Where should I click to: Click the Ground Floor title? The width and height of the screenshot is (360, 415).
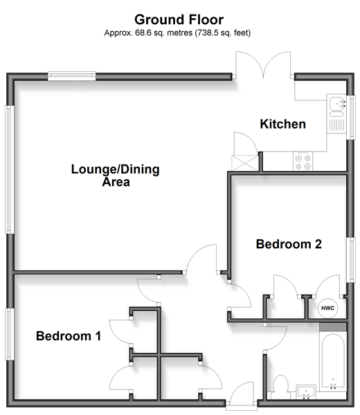click(179, 19)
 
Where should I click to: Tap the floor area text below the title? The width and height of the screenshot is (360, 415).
click(177, 33)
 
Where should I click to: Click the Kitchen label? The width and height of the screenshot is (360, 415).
click(282, 124)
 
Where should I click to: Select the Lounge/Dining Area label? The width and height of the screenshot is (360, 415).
click(116, 175)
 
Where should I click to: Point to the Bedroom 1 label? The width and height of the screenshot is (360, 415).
click(69, 336)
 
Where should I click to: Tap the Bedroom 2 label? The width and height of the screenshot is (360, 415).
click(289, 244)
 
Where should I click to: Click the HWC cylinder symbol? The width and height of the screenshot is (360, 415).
click(327, 308)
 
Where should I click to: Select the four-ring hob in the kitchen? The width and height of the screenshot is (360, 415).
click(303, 160)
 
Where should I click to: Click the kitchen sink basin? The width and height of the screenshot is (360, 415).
click(336, 103)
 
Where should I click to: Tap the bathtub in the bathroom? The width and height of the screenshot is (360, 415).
click(333, 362)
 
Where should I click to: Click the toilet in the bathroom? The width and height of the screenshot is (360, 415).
click(280, 386)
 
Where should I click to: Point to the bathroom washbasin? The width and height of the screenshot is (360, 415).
click(306, 391)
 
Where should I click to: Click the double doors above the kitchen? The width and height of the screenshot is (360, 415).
click(263, 65)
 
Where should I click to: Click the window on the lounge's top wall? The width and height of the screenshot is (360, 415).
click(71, 76)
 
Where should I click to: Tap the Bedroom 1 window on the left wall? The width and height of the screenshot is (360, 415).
click(10, 334)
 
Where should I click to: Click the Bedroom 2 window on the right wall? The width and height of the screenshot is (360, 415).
click(351, 260)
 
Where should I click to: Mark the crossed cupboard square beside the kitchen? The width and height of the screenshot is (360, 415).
click(244, 163)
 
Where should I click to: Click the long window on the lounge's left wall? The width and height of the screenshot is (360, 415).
click(10, 169)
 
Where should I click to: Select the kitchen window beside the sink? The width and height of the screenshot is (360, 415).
click(351, 118)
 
